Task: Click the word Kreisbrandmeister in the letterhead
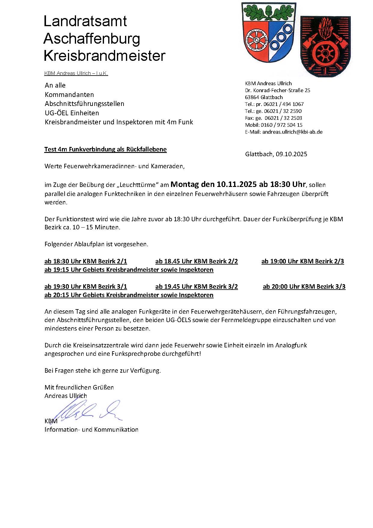pos(104,56)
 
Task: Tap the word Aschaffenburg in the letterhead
pos(92,39)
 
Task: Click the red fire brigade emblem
pos(325,47)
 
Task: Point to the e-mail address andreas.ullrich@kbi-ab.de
pos(292,132)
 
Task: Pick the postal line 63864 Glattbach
pos(264,97)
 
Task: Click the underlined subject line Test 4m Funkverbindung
pos(105,149)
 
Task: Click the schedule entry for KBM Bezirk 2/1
pos(86,261)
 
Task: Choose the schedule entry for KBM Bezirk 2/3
pos(303,261)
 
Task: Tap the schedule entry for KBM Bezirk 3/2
pos(197,287)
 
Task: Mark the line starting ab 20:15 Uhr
pos(129,295)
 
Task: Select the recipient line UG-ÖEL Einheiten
pos(72,113)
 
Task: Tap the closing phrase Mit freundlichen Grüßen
pos(79,387)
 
